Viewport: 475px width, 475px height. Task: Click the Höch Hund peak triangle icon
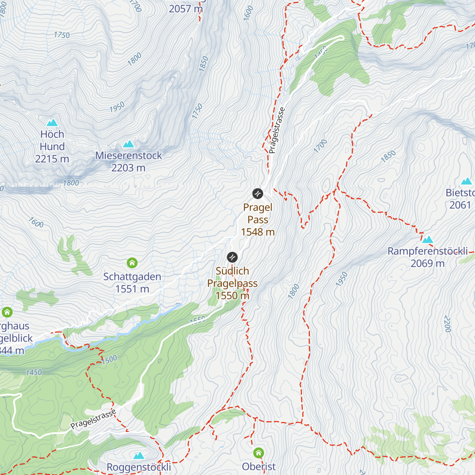(x=52, y=123)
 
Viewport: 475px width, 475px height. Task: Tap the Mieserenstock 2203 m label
(x=128, y=161)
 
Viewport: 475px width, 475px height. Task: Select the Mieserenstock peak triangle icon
(x=128, y=144)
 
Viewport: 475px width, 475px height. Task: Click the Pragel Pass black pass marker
(x=258, y=194)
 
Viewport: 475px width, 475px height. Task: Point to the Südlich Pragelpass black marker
(x=232, y=257)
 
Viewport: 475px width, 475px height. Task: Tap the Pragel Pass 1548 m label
(x=258, y=220)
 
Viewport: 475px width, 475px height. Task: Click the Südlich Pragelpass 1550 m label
(x=232, y=283)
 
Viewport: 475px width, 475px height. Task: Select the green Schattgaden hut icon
(x=132, y=263)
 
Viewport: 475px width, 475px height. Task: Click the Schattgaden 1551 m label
(x=132, y=283)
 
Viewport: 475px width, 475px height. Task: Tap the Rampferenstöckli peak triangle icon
(x=427, y=239)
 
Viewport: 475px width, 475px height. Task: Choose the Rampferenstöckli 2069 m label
(x=427, y=257)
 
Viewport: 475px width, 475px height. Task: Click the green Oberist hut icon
(x=258, y=452)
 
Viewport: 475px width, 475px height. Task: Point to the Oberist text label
(x=259, y=467)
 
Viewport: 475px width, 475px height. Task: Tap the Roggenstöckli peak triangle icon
(x=139, y=456)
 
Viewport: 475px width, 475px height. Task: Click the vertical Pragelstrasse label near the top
(x=276, y=131)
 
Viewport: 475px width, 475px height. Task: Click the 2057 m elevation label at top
(x=186, y=9)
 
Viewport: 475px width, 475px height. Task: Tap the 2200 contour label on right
(x=448, y=324)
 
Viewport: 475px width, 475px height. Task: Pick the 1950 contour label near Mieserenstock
(x=117, y=107)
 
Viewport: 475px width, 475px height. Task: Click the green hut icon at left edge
(x=7, y=312)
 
